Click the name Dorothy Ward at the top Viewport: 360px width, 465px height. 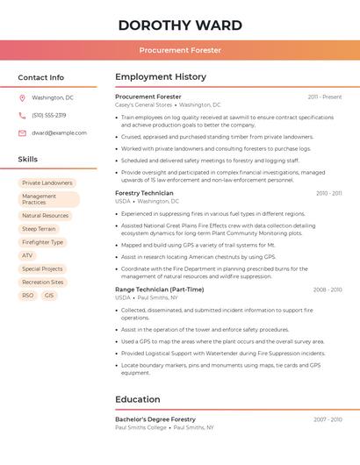[180, 24]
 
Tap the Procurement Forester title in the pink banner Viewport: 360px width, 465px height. [180, 50]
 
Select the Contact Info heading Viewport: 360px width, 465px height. [41, 77]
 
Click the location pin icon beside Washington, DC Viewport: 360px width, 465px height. [22, 97]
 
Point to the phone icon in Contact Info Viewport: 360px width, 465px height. [22, 115]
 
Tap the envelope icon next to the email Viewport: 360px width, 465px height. [22, 132]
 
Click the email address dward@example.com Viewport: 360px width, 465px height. [59, 132]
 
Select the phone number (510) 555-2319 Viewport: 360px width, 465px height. [49, 115]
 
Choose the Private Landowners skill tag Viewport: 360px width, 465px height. [47, 182]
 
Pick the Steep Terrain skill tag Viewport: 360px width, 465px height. [39, 229]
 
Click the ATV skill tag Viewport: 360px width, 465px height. [27, 255]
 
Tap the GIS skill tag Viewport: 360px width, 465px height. [49, 296]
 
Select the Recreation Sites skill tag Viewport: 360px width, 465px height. [43, 283]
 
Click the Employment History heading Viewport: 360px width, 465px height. [161, 76]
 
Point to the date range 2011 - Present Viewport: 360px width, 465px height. [325, 97]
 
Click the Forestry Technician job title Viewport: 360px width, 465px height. [144, 193]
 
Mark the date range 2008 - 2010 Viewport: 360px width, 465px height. [328, 290]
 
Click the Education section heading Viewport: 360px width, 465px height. [137, 399]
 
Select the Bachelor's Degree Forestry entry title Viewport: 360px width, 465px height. [155, 419]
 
